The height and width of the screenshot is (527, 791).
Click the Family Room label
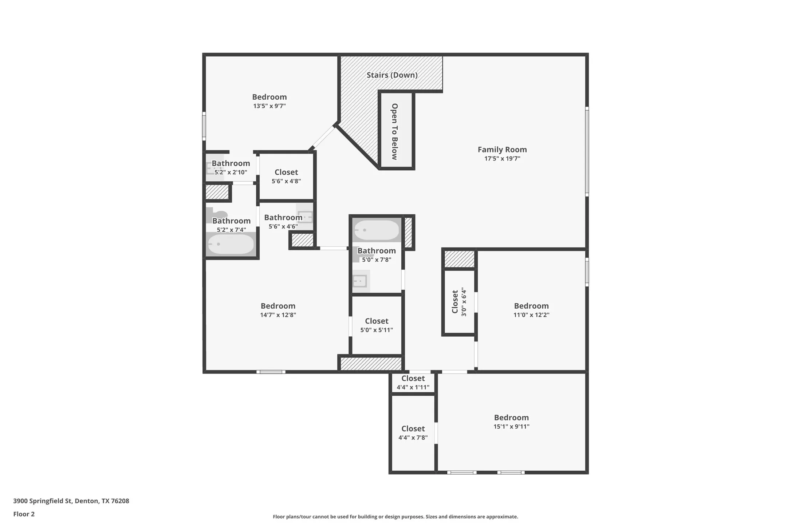[x=502, y=150]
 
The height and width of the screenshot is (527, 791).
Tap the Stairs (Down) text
[x=392, y=75]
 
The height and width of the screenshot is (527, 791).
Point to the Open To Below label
[x=395, y=131]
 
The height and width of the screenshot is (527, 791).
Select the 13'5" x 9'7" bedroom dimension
[x=269, y=106]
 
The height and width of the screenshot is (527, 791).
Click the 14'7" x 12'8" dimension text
[x=278, y=315]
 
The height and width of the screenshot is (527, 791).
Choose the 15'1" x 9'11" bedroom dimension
[x=511, y=427]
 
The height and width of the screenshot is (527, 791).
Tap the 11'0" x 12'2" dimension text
[x=531, y=315]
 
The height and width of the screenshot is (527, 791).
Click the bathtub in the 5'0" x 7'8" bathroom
[x=377, y=230]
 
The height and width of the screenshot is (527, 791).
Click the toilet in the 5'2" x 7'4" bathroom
[x=216, y=215]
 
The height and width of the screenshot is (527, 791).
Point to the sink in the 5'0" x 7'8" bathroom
[x=360, y=281]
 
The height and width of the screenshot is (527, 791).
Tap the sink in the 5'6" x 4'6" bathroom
[x=306, y=217]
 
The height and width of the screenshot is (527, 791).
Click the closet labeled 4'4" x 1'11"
[x=413, y=383]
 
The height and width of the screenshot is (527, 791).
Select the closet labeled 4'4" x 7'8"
[x=413, y=433]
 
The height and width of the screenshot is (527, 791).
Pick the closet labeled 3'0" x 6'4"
[x=459, y=302]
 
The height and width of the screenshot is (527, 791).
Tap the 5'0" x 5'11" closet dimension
[x=377, y=330]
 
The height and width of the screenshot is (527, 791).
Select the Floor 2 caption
[x=24, y=514]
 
